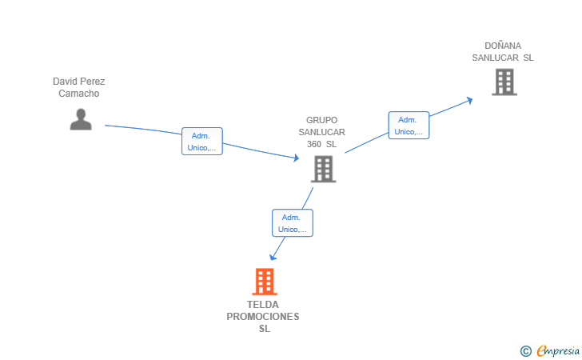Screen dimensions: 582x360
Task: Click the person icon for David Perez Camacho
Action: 81,119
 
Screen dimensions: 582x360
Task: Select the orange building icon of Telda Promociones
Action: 265,282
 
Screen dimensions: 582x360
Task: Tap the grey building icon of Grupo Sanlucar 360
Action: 323,169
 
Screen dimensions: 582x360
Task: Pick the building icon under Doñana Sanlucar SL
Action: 504,82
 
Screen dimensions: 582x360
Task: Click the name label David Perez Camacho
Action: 78,87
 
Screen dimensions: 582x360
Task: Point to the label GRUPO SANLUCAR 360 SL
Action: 322,132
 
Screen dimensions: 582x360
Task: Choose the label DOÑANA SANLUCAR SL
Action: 503,52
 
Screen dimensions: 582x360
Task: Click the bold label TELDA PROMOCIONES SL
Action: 263,317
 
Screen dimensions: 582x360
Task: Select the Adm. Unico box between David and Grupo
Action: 202,141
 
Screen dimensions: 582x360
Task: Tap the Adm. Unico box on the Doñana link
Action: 409,126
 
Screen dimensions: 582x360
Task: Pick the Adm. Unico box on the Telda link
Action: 293,223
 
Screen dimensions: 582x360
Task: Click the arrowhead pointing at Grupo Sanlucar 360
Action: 296,158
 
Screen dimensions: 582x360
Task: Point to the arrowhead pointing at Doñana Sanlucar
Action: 469,100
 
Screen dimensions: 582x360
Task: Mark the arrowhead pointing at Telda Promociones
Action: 273,257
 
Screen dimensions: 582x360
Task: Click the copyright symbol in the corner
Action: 525,351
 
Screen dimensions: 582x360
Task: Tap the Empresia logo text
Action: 558,350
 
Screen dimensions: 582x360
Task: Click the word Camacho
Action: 78,94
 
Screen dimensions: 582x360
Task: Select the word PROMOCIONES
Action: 263,317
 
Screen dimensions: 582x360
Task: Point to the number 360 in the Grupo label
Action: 314,144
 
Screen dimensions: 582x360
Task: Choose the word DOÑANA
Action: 503,46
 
